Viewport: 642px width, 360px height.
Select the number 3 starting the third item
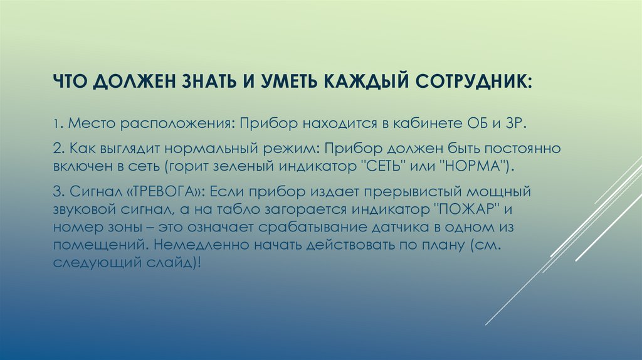pos(57,191)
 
